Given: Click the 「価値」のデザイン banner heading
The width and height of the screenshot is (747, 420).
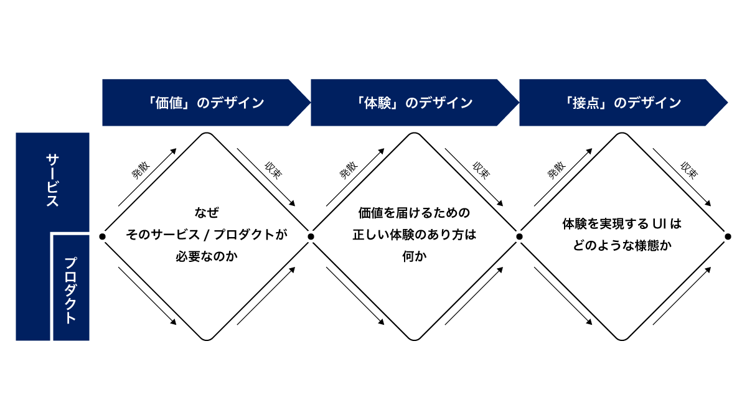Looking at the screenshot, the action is [206, 103].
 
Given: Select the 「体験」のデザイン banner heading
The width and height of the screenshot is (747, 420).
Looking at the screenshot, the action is [415, 103].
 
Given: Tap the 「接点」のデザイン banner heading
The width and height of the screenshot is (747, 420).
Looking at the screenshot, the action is [623, 103].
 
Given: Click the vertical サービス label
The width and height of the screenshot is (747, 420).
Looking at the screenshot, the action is [52, 180].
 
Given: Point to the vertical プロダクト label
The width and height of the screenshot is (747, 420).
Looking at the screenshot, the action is [71, 290].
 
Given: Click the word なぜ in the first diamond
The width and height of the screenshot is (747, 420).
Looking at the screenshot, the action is [207, 213].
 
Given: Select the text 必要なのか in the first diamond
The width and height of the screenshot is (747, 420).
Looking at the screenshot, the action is [207, 256].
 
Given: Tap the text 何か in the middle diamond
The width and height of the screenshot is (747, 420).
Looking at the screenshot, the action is [415, 256].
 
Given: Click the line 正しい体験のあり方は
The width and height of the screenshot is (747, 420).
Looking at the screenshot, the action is [415, 235].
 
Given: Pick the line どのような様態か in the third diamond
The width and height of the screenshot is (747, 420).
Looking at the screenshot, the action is [622, 245].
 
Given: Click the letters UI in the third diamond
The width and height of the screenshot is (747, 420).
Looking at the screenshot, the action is [659, 224].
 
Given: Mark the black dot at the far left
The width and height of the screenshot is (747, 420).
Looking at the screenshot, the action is [102, 236].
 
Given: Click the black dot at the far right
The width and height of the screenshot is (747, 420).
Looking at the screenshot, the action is [728, 236].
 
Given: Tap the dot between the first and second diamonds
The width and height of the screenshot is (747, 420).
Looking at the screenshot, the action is [311, 236].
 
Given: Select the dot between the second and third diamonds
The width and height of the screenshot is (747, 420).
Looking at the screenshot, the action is [520, 236].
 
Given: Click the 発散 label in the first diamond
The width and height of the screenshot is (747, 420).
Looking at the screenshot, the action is [141, 170].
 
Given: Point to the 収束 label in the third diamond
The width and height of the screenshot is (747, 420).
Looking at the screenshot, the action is [689, 170].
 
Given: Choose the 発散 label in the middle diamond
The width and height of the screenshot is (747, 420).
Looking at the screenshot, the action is [349, 170].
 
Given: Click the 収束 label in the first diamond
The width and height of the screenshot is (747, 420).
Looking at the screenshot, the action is [273, 170].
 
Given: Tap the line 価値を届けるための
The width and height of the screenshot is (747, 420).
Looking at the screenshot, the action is [415, 213].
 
